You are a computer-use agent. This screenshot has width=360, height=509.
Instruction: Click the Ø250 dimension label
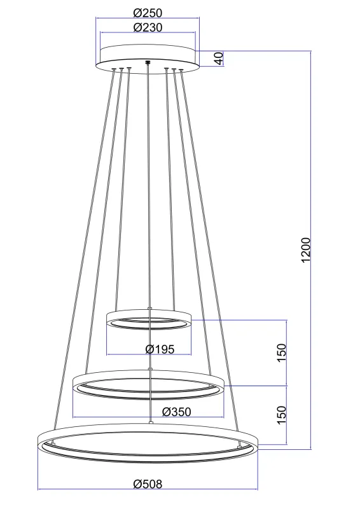click(x=148, y=12)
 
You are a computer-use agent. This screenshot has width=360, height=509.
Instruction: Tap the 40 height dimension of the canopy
click(x=218, y=58)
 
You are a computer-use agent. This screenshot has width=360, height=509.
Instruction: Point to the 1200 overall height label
click(x=306, y=252)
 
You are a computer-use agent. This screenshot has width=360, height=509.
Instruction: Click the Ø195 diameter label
click(x=160, y=349)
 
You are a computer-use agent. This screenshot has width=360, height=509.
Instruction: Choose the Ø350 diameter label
click(x=177, y=412)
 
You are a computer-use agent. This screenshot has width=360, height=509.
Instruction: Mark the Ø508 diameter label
click(x=148, y=484)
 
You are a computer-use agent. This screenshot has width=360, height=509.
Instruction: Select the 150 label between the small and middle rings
click(x=282, y=352)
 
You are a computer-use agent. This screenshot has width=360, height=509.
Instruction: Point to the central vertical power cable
click(x=149, y=191)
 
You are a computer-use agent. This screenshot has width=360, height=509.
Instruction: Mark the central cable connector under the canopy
click(x=148, y=62)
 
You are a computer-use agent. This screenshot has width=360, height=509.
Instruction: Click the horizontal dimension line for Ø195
click(x=127, y=354)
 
